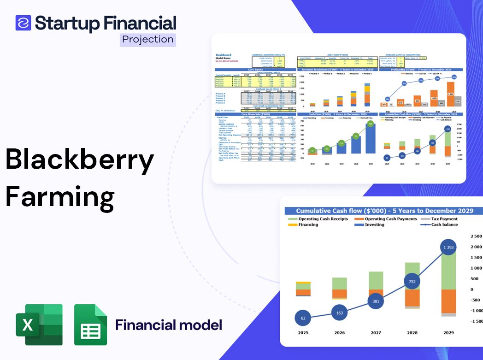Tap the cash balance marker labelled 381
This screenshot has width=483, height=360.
click(376, 301)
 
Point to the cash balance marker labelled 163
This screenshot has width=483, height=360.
click(339, 313)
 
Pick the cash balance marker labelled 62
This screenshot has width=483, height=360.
click(303, 318)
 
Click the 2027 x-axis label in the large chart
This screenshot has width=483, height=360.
click(376, 332)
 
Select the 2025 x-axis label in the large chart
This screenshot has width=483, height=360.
click(303, 332)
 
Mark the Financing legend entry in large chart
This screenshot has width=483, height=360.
click(308, 224)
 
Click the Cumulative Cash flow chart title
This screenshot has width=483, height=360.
click(384, 211)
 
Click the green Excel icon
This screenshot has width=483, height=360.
click(39, 325)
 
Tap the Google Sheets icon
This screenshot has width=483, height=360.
click(91, 325)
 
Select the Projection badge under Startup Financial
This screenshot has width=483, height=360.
click(148, 40)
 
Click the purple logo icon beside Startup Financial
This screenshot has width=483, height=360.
click(23, 23)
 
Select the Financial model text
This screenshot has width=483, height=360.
click(169, 325)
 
